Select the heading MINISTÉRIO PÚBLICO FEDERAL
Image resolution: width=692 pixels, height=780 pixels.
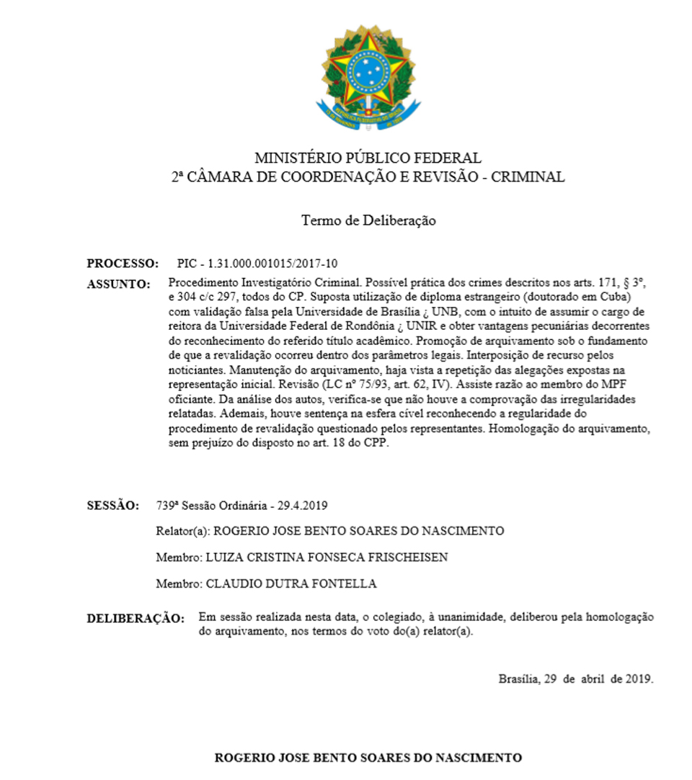point(368,158)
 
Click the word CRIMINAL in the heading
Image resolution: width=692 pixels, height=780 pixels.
point(528,177)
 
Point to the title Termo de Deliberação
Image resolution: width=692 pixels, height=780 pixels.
point(368,220)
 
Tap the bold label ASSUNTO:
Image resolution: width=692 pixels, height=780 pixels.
point(118,284)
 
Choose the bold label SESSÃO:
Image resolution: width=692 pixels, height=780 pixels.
point(113,505)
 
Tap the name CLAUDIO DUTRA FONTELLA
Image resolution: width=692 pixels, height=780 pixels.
point(291,583)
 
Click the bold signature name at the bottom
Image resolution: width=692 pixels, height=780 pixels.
point(368,758)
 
